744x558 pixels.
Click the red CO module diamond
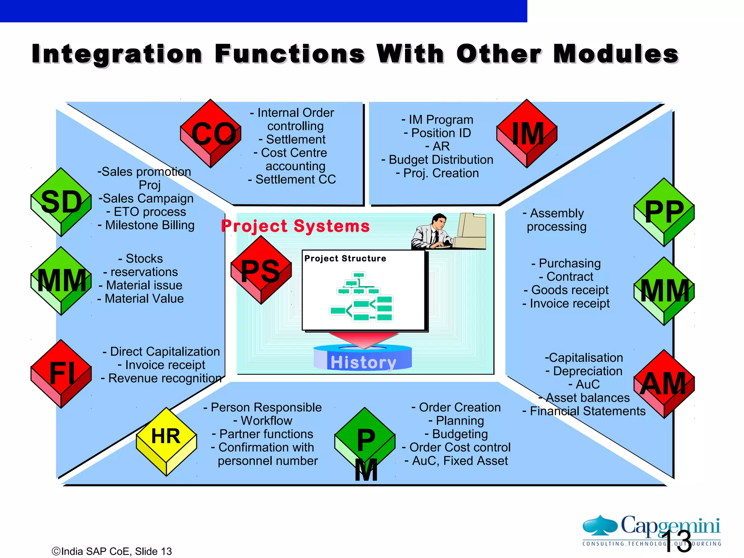click(x=211, y=134)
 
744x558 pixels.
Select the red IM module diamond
click(x=527, y=134)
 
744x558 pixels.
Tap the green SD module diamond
click(x=61, y=202)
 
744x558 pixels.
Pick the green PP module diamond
click(x=664, y=212)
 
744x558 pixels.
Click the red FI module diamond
click(x=61, y=373)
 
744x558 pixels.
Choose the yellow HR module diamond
click(x=166, y=441)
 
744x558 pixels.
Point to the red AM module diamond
click(x=664, y=384)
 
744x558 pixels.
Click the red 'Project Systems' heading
click(x=295, y=226)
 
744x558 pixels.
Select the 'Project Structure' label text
click(x=345, y=258)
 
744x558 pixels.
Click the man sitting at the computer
click(x=432, y=232)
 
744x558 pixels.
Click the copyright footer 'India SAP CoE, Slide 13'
click(x=112, y=551)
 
